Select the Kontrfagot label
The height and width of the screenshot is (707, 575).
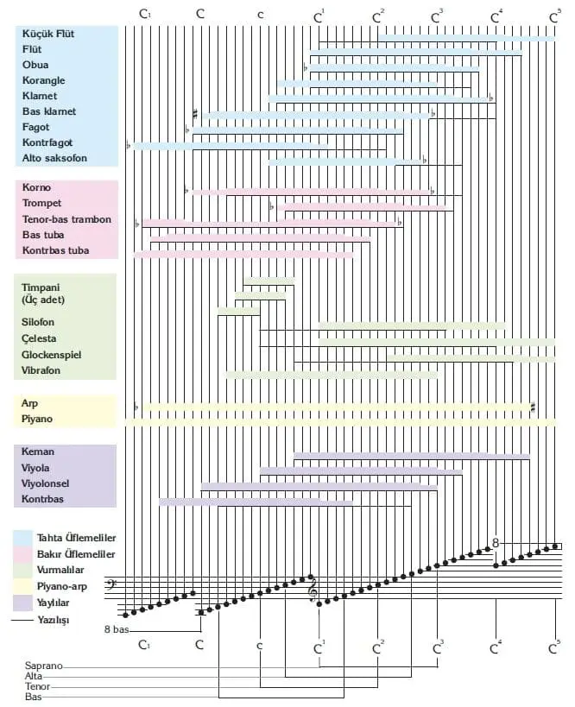[49, 143]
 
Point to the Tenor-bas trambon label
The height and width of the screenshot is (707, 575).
[66, 219]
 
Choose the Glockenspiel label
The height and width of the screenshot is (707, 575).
[54, 355]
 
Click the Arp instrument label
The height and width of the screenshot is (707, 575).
[30, 403]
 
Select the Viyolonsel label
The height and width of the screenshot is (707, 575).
[46, 483]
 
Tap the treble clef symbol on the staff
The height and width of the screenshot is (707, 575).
[313, 591]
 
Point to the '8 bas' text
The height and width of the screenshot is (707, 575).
[116, 630]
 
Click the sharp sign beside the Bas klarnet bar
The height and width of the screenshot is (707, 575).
[196, 113]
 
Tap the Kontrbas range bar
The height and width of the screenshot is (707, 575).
[256, 502]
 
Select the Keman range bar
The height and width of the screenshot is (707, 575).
[412, 456]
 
